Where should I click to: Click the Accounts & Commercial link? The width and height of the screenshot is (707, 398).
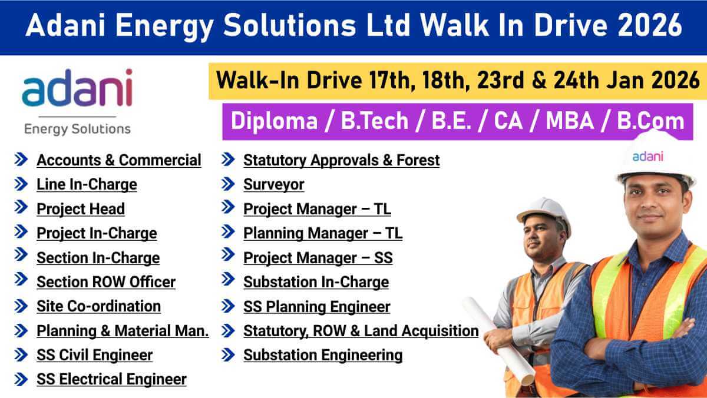point(118,160)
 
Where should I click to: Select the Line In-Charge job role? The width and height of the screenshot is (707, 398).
point(87,184)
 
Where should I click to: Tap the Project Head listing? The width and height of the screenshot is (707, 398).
point(81,209)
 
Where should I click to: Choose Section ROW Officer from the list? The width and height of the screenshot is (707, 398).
point(106,282)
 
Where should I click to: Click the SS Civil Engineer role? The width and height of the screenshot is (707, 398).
point(94,355)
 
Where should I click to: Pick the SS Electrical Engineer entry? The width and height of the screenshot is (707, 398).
point(111,380)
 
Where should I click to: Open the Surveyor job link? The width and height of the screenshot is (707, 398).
point(274,184)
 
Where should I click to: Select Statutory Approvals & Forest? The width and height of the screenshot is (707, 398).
point(341,160)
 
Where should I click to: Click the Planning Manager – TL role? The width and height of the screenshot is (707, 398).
point(323,233)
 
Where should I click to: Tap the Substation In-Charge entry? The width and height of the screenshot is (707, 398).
point(316,282)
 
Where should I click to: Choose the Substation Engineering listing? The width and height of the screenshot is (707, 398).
point(323,355)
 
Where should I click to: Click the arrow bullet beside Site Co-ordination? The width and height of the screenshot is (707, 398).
point(21,306)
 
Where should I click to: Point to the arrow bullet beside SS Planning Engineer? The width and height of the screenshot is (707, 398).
point(228,306)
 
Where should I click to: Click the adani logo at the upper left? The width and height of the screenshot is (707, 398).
point(77,88)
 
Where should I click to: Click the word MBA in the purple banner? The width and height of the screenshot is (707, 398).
point(577,121)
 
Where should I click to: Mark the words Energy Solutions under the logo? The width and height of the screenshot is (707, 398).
point(77,128)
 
